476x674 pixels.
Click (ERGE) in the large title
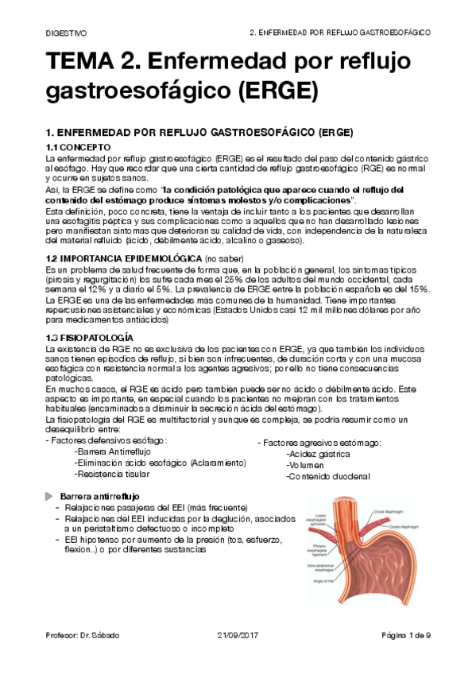pos(268,92)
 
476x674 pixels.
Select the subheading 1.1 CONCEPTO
pos(83,148)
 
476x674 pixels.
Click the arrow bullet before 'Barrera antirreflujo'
pos(49,497)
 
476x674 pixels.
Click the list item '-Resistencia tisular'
pos(111,474)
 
